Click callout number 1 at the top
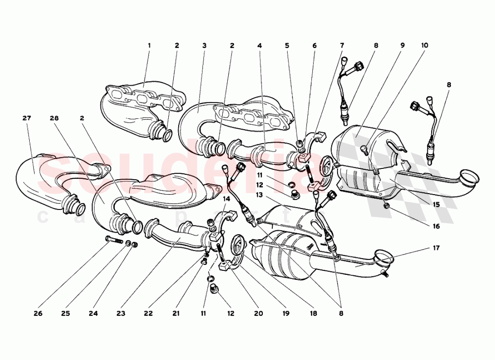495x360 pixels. click(148, 46)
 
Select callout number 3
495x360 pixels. click(204, 46)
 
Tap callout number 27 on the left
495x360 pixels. click(27, 118)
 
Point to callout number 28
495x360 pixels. click(54, 118)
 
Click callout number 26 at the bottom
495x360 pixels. click(38, 313)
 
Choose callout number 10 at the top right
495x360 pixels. click(425, 46)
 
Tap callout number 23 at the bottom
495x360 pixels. click(120, 313)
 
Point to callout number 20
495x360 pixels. click(258, 313)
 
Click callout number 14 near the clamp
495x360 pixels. click(227, 199)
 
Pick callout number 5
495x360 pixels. click(287, 46)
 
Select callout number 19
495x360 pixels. click(286, 313)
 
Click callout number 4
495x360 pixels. click(259, 46)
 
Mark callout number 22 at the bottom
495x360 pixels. click(148, 313)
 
